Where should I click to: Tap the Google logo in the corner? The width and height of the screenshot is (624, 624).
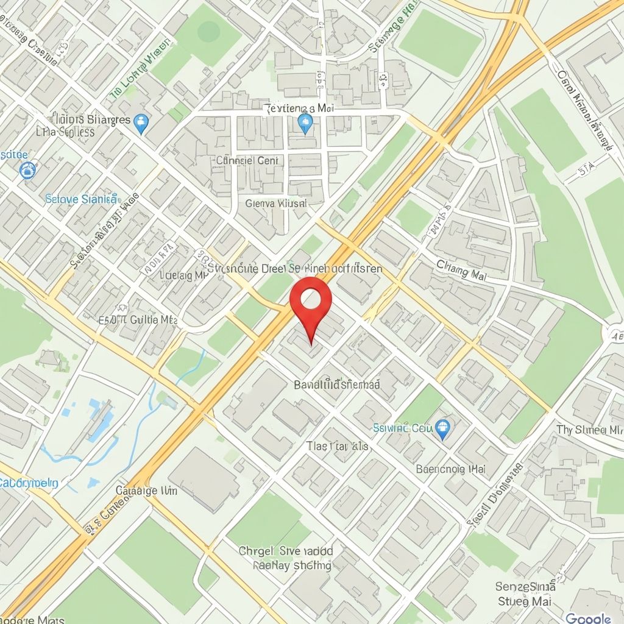pyautogui.click(x=588, y=618)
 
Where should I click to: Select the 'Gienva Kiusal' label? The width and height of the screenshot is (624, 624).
pyautogui.click(x=275, y=203)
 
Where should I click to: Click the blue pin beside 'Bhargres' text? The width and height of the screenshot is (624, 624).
pyautogui.click(x=142, y=123)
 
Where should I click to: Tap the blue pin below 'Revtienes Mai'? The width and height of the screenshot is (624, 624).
pyautogui.click(x=305, y=123)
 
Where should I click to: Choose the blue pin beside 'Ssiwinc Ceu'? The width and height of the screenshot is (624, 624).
pyautogui.click(x=443, y=429)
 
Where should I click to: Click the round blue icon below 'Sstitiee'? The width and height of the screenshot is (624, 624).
pyautogui.click(x=27, y=170)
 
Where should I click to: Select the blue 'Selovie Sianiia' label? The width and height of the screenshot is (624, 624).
pyautogui.click(x=82, y=198)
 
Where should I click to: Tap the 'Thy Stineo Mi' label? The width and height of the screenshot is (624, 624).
pyautogui.click(x=589, y=430)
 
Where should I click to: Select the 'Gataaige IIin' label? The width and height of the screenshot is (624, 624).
pyautogui.click(x=146, y=491)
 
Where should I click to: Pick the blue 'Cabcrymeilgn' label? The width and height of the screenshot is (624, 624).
pyautogui.click(x=29, y=483)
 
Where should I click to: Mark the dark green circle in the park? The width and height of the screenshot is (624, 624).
pyautogui.click(x=209, y=31)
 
